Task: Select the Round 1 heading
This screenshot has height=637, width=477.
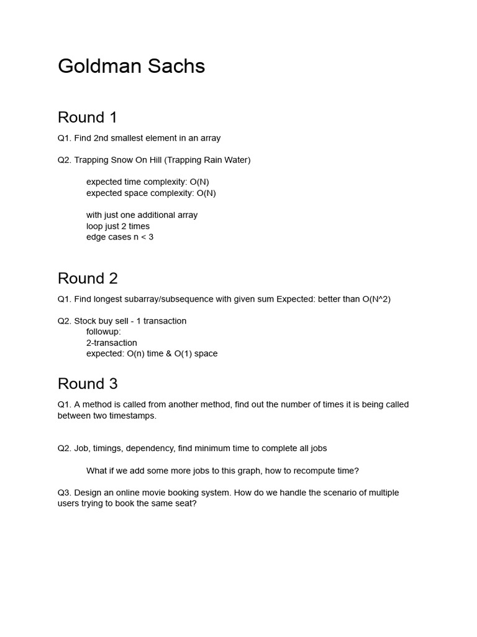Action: (x=88, y=118)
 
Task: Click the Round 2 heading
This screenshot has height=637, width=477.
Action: (x=88, y=278)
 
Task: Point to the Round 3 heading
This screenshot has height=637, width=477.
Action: (x=88, y=384)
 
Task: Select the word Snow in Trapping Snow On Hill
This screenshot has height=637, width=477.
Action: (x=124, y=160)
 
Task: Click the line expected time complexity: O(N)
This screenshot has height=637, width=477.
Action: (x=147, y=182)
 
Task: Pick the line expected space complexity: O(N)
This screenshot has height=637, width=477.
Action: (x=151, y=193)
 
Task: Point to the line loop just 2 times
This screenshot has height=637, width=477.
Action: (x=118, y=226)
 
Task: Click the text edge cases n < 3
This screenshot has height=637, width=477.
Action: (x=120, y=237)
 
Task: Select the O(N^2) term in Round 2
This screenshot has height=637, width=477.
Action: (x=376, y=299)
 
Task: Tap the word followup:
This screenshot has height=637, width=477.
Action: (x=104, y=332)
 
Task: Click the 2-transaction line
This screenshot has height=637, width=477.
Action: (x=112, y=343)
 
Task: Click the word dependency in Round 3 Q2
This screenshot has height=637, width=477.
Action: (x=149, y=449)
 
